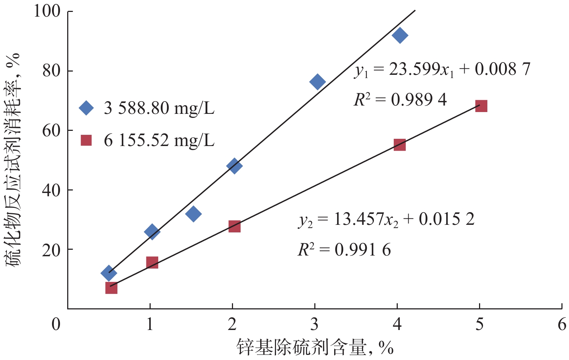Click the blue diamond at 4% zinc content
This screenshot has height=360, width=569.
tap(400, 35)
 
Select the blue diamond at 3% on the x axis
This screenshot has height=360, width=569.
tap(317, 82)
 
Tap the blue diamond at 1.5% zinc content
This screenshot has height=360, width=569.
tap(193, 214)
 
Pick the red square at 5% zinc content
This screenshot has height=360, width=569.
tap(481, 106)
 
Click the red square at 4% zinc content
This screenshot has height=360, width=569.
tap(399, 145)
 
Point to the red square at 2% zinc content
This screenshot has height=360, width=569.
tap(234, 227)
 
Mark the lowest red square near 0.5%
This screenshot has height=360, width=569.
tap(111, 288)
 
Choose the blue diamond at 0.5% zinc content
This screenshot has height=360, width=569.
tap(108, 273)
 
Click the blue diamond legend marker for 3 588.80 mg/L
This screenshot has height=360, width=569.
tap(86, 108)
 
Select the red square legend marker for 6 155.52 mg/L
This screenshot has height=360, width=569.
tap(86, 140)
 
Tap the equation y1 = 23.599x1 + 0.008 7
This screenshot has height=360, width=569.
tap(442, 69)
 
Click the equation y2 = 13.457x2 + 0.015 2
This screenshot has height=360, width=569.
tap(386, 219)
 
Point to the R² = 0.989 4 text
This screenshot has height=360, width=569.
tap(400, 99)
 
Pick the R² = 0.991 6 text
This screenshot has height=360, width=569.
tap(344, 250)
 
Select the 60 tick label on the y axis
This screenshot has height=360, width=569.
tap(51, 130)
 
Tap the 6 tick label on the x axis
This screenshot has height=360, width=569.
tap(561, 324)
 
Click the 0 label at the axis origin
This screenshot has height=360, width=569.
tap(56, 324)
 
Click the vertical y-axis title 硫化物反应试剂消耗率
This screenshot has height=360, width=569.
tap(13, 159)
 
